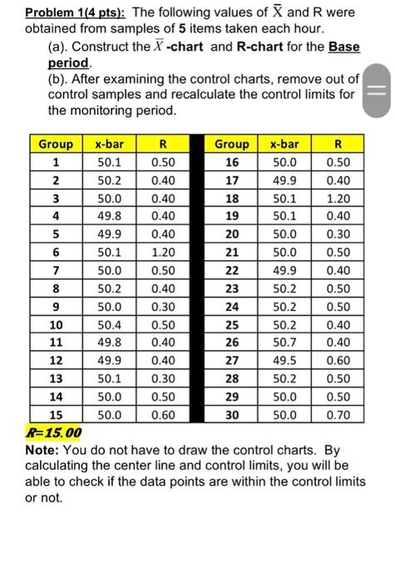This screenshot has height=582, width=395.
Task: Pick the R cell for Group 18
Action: point(338,199)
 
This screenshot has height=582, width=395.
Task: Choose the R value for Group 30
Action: point(338,413)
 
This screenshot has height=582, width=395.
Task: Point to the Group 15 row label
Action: point(56,413)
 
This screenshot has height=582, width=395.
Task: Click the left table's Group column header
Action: point(56,144)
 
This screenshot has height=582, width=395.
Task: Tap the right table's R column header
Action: point(338,144)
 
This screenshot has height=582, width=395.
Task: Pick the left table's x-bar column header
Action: point(109,144)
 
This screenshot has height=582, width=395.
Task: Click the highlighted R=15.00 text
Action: point(52,432)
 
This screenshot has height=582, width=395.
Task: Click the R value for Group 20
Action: point(338,234)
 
